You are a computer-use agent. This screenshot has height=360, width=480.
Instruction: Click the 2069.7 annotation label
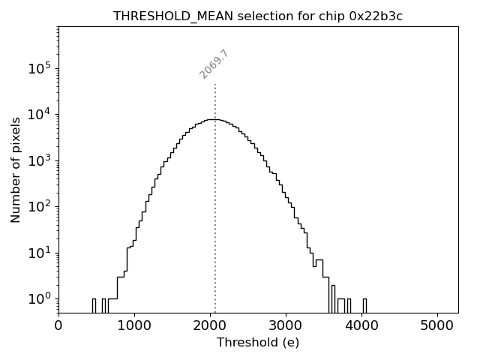[x=214, y=64]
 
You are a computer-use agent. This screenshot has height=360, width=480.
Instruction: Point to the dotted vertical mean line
[x=215, y=195]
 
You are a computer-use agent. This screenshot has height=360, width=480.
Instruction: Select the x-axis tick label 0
[x=58, y=325]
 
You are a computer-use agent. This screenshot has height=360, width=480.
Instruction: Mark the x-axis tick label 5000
[x=437, y=325]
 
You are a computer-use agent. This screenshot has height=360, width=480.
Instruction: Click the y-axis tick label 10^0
[x=41, y=299]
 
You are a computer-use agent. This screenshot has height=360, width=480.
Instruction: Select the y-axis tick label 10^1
[x=41, y=253]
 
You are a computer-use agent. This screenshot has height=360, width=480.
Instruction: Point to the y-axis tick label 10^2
[x=41, y=207]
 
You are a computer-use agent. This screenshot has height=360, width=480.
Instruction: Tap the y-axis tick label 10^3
[x=41, y=160]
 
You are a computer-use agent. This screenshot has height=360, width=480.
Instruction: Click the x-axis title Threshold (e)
[x=258, y=343]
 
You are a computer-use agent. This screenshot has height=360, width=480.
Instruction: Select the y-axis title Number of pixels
[x=16, y=169]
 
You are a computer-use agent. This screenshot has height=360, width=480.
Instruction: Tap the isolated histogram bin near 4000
[x=364, y=304]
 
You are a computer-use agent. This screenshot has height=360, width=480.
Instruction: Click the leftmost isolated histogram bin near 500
[x=94, y=304]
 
